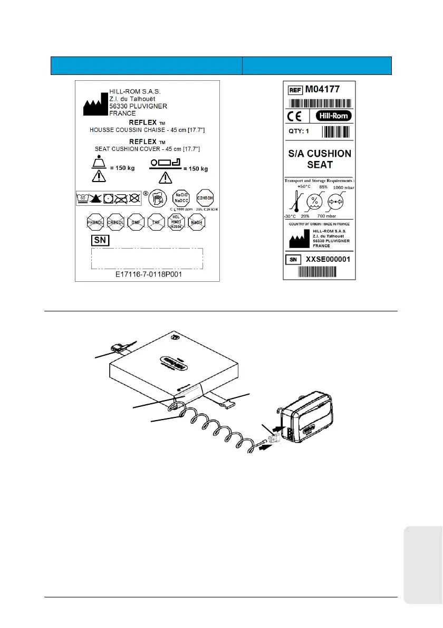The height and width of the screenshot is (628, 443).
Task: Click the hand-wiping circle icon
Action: click(158, 199)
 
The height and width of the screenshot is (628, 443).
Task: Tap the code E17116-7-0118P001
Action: click(147, 275)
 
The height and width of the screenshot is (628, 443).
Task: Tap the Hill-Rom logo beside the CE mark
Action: click(333, 116)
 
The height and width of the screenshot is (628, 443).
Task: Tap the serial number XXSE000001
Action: click(328, 259)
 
